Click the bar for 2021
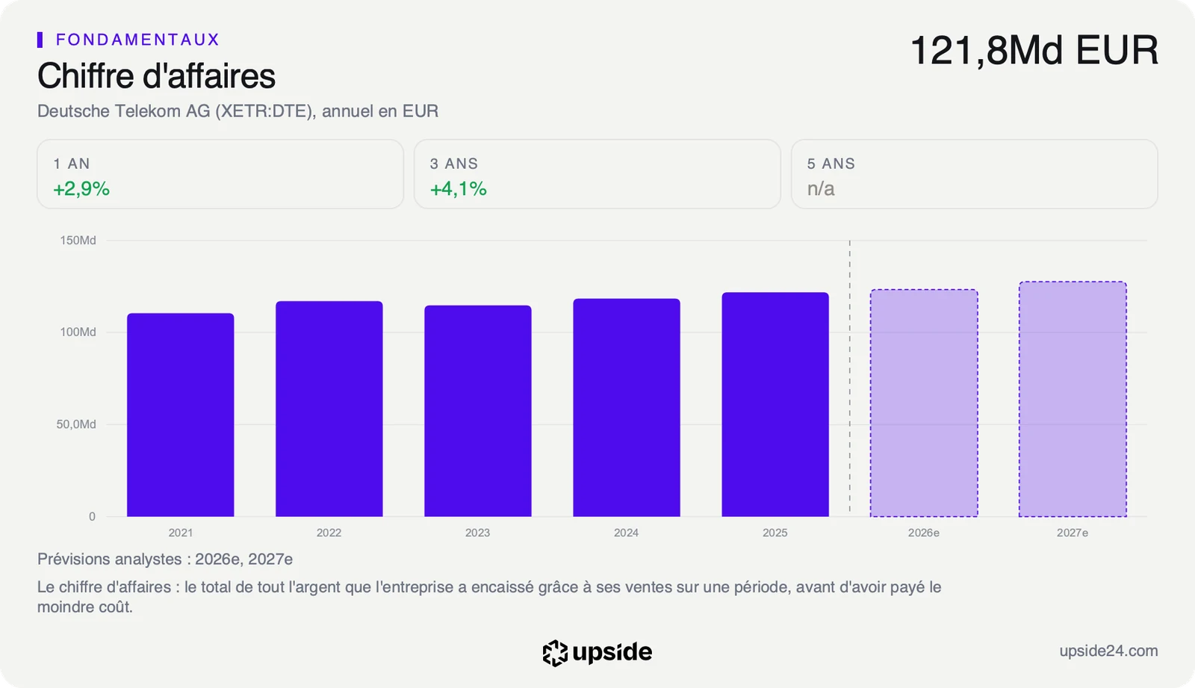180,415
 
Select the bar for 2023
478,411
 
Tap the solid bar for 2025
775,405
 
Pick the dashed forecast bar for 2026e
924,403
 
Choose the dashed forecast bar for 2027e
1073,399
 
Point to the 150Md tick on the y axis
78,241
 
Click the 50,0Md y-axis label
76,424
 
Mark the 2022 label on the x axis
329,533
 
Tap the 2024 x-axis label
627,533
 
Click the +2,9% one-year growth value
81,188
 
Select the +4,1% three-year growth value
459,188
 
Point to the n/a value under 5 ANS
821,189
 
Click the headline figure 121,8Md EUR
1034,50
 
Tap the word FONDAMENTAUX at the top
137,40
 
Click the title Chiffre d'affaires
156,75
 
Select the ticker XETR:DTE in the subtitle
264,111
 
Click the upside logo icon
555,653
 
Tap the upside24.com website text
1108,651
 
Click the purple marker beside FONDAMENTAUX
40,40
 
